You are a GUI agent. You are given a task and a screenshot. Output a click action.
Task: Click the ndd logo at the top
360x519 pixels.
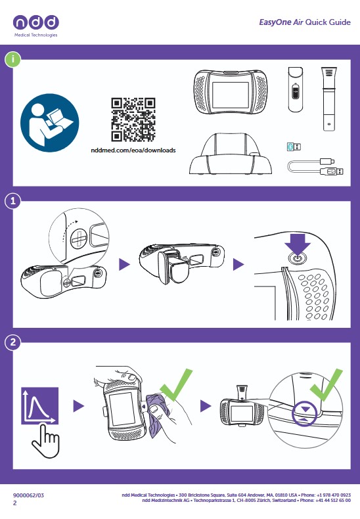[x=35, y=25]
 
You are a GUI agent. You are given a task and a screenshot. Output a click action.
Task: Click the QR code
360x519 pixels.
[x=133, y=120]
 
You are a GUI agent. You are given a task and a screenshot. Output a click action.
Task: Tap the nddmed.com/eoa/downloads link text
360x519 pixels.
[x=133, y=150]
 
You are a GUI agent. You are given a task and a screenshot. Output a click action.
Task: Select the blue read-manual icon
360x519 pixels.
[x=50, y=123]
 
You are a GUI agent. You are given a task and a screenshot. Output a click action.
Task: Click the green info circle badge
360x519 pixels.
[x=12, y=60]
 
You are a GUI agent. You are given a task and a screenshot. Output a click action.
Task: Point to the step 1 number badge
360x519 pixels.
[x=13, y=201]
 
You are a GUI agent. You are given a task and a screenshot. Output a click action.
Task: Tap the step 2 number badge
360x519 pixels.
[x=13, y=342]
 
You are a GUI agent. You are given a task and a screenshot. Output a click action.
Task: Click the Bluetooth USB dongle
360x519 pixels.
[x=294, y=147]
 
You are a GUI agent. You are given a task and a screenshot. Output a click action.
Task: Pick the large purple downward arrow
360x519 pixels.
[x=298, y=244]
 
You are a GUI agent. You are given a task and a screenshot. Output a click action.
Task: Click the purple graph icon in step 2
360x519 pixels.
[x=39, y=406]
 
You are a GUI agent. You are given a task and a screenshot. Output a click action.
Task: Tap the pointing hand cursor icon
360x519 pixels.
[x=46, y=441]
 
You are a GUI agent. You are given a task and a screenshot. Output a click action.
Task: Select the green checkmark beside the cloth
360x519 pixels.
[x=176, y=384]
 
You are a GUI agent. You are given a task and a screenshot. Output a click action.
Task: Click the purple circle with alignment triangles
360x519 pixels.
[x=305, y=414]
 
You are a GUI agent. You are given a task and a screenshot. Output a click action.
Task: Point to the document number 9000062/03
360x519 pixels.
[x=28, y=495]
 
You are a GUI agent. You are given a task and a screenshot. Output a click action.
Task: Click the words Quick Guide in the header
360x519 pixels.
[x=328, y=22]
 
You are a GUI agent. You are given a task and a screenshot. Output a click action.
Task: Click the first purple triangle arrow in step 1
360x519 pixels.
[x=124, y=264]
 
